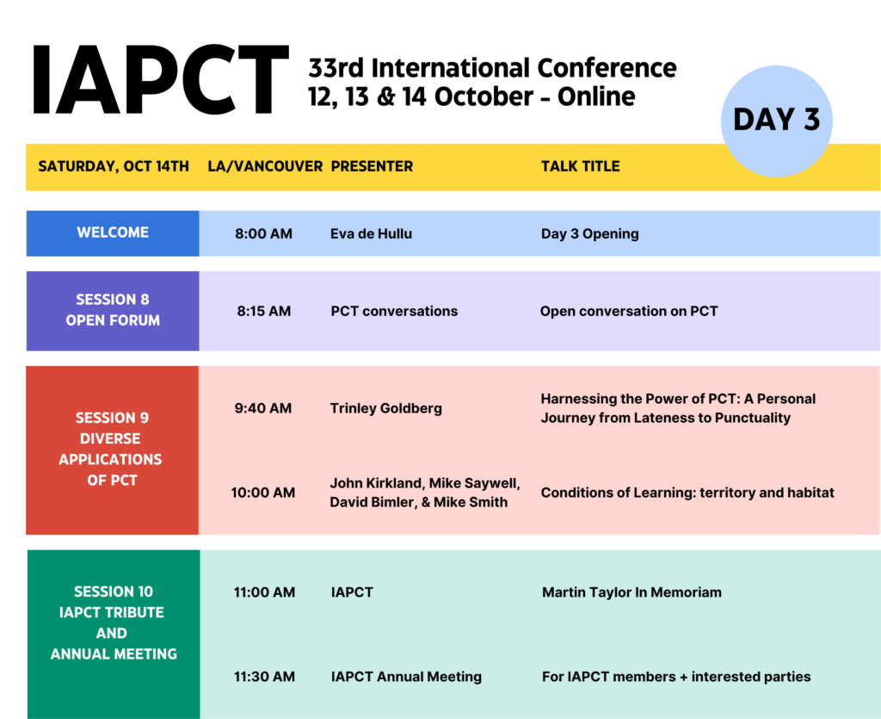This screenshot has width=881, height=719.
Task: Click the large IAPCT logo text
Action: (160, 80)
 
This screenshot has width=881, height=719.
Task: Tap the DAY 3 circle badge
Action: (777, 121)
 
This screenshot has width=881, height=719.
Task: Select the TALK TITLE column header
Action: (581, 166)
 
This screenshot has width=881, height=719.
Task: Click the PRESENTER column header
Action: (372, 166)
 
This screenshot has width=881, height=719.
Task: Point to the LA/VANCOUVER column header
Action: (265, 166)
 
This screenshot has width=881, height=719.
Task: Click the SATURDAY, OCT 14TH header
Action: (114, 166)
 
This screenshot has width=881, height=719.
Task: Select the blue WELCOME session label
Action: (113, 233)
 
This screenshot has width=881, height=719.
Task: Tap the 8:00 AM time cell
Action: (263, 234)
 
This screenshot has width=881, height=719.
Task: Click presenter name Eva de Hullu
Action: (372, 234)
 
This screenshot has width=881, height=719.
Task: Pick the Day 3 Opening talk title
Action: (590, 234)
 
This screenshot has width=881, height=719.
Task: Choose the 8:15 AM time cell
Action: (263, 311)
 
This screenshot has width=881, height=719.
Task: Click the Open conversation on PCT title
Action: (629, 311)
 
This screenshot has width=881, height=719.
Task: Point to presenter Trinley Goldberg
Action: (386, 408)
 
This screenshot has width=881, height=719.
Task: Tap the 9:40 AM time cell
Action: (263, 408)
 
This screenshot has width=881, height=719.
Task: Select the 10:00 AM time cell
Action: (263, 493)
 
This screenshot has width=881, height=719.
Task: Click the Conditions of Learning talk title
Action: (687, 493)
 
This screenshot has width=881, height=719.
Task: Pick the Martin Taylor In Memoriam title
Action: (631, 592)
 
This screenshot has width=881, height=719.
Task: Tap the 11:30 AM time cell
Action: (264, 676)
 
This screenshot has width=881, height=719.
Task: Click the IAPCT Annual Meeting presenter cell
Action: (406, 676)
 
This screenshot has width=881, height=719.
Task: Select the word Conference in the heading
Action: (607, 68)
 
